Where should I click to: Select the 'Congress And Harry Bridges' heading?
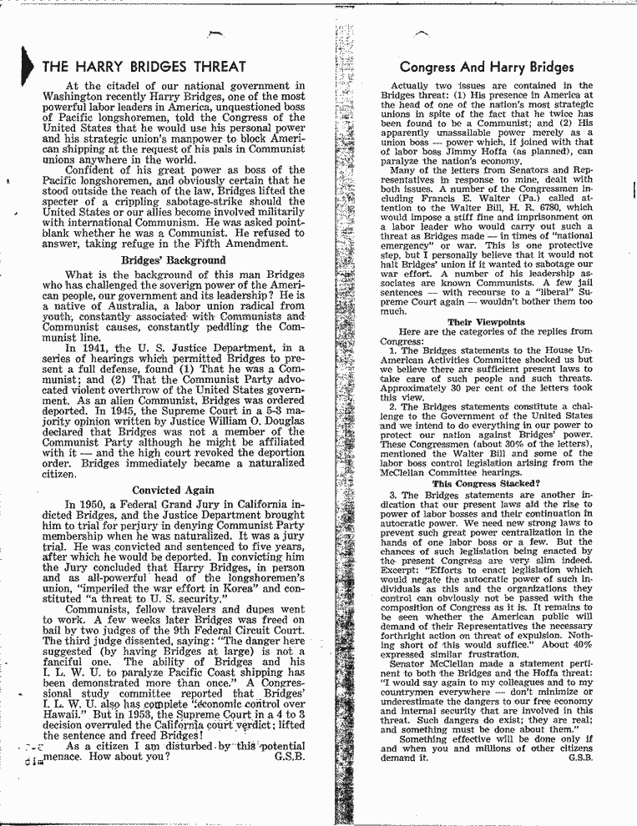[x=487, y=67]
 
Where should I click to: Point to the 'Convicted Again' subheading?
[x=173, y=491]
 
